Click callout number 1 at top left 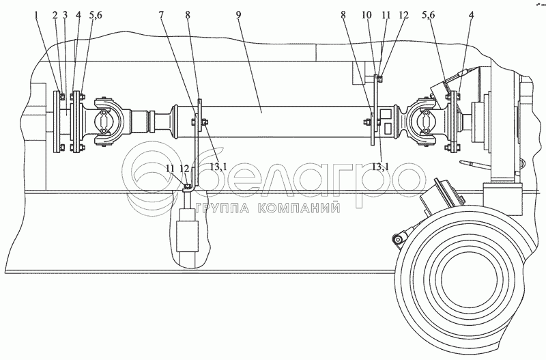click(x=36, y=15)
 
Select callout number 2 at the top click(x=55, y=15)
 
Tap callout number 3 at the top click(x=65, y=15)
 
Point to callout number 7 click(x=161, y=15)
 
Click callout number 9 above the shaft click(x=238, y=15)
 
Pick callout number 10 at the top click(x=367, y=15)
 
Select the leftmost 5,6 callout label click(x=94, y=15)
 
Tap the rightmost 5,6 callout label click(x=428, y=15)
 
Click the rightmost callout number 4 click(x=471, y=15)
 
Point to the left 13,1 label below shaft click(x=218, y=167)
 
